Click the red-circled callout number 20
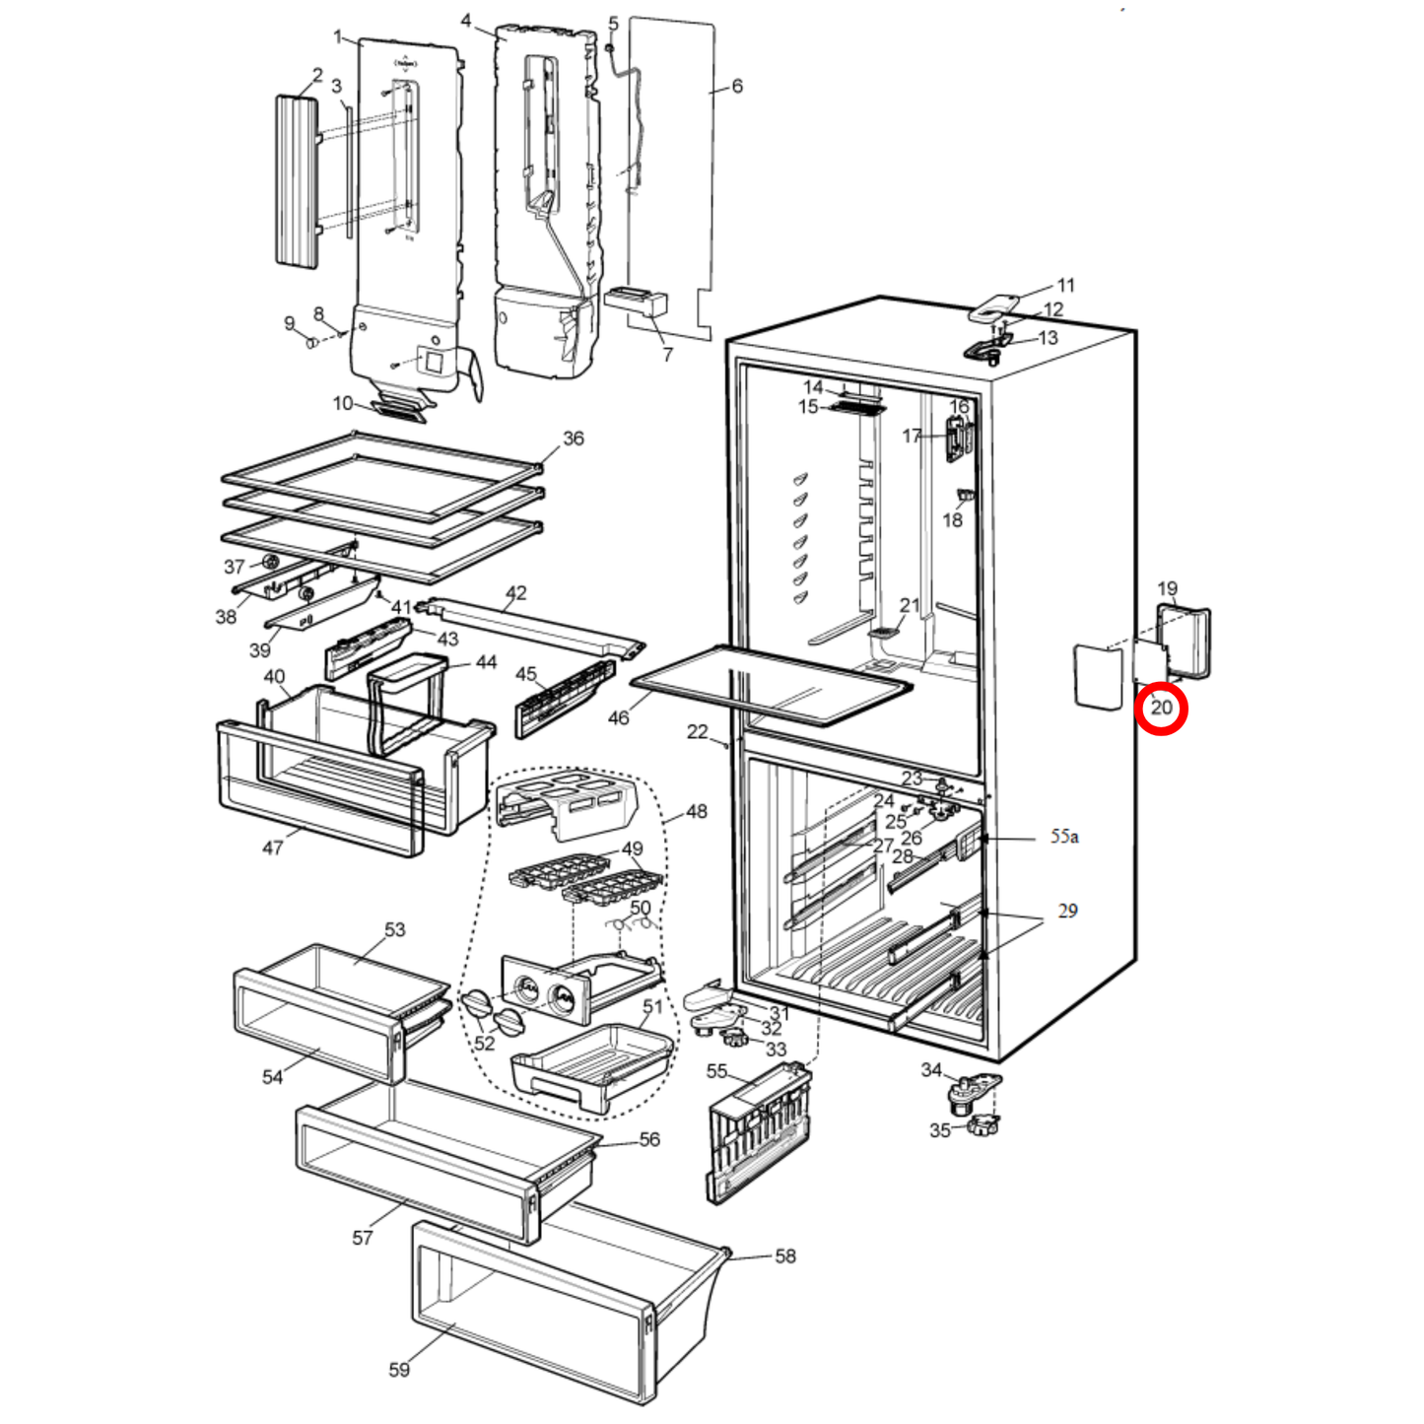click(x=1161, y=708)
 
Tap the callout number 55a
click(x=1063, y=837)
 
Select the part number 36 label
click(x=573, y=439)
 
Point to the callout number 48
click(x=696, y=812)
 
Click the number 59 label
click(x=399, y=1369)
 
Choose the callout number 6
click(x=736, y=87)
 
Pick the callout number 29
click(x=1067, y=912)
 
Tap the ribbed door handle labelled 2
click(x=297, y=180)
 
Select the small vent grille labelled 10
click(x=400, y=406)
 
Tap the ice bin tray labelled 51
click(x=591, y=1066)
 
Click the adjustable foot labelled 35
click(x=983, y=1124)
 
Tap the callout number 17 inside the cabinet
click(x=912, y=436)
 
